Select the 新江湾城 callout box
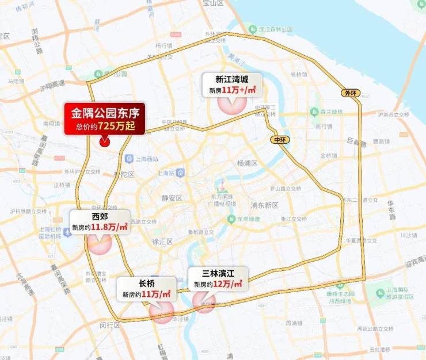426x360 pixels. pos(232,85)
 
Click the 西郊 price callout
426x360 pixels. pos(100,221)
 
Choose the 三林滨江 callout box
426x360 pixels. pos(218,278)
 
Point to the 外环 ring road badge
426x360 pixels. pos(349,93)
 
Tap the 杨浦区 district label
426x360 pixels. pos(247,163)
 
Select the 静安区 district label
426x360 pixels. pos(172,198)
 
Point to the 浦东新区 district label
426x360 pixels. pos(264,205)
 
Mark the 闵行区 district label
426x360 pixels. pos(108,325)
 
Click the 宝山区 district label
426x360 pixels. pos(212,3)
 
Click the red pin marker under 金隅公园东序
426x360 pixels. pos(105,141)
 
